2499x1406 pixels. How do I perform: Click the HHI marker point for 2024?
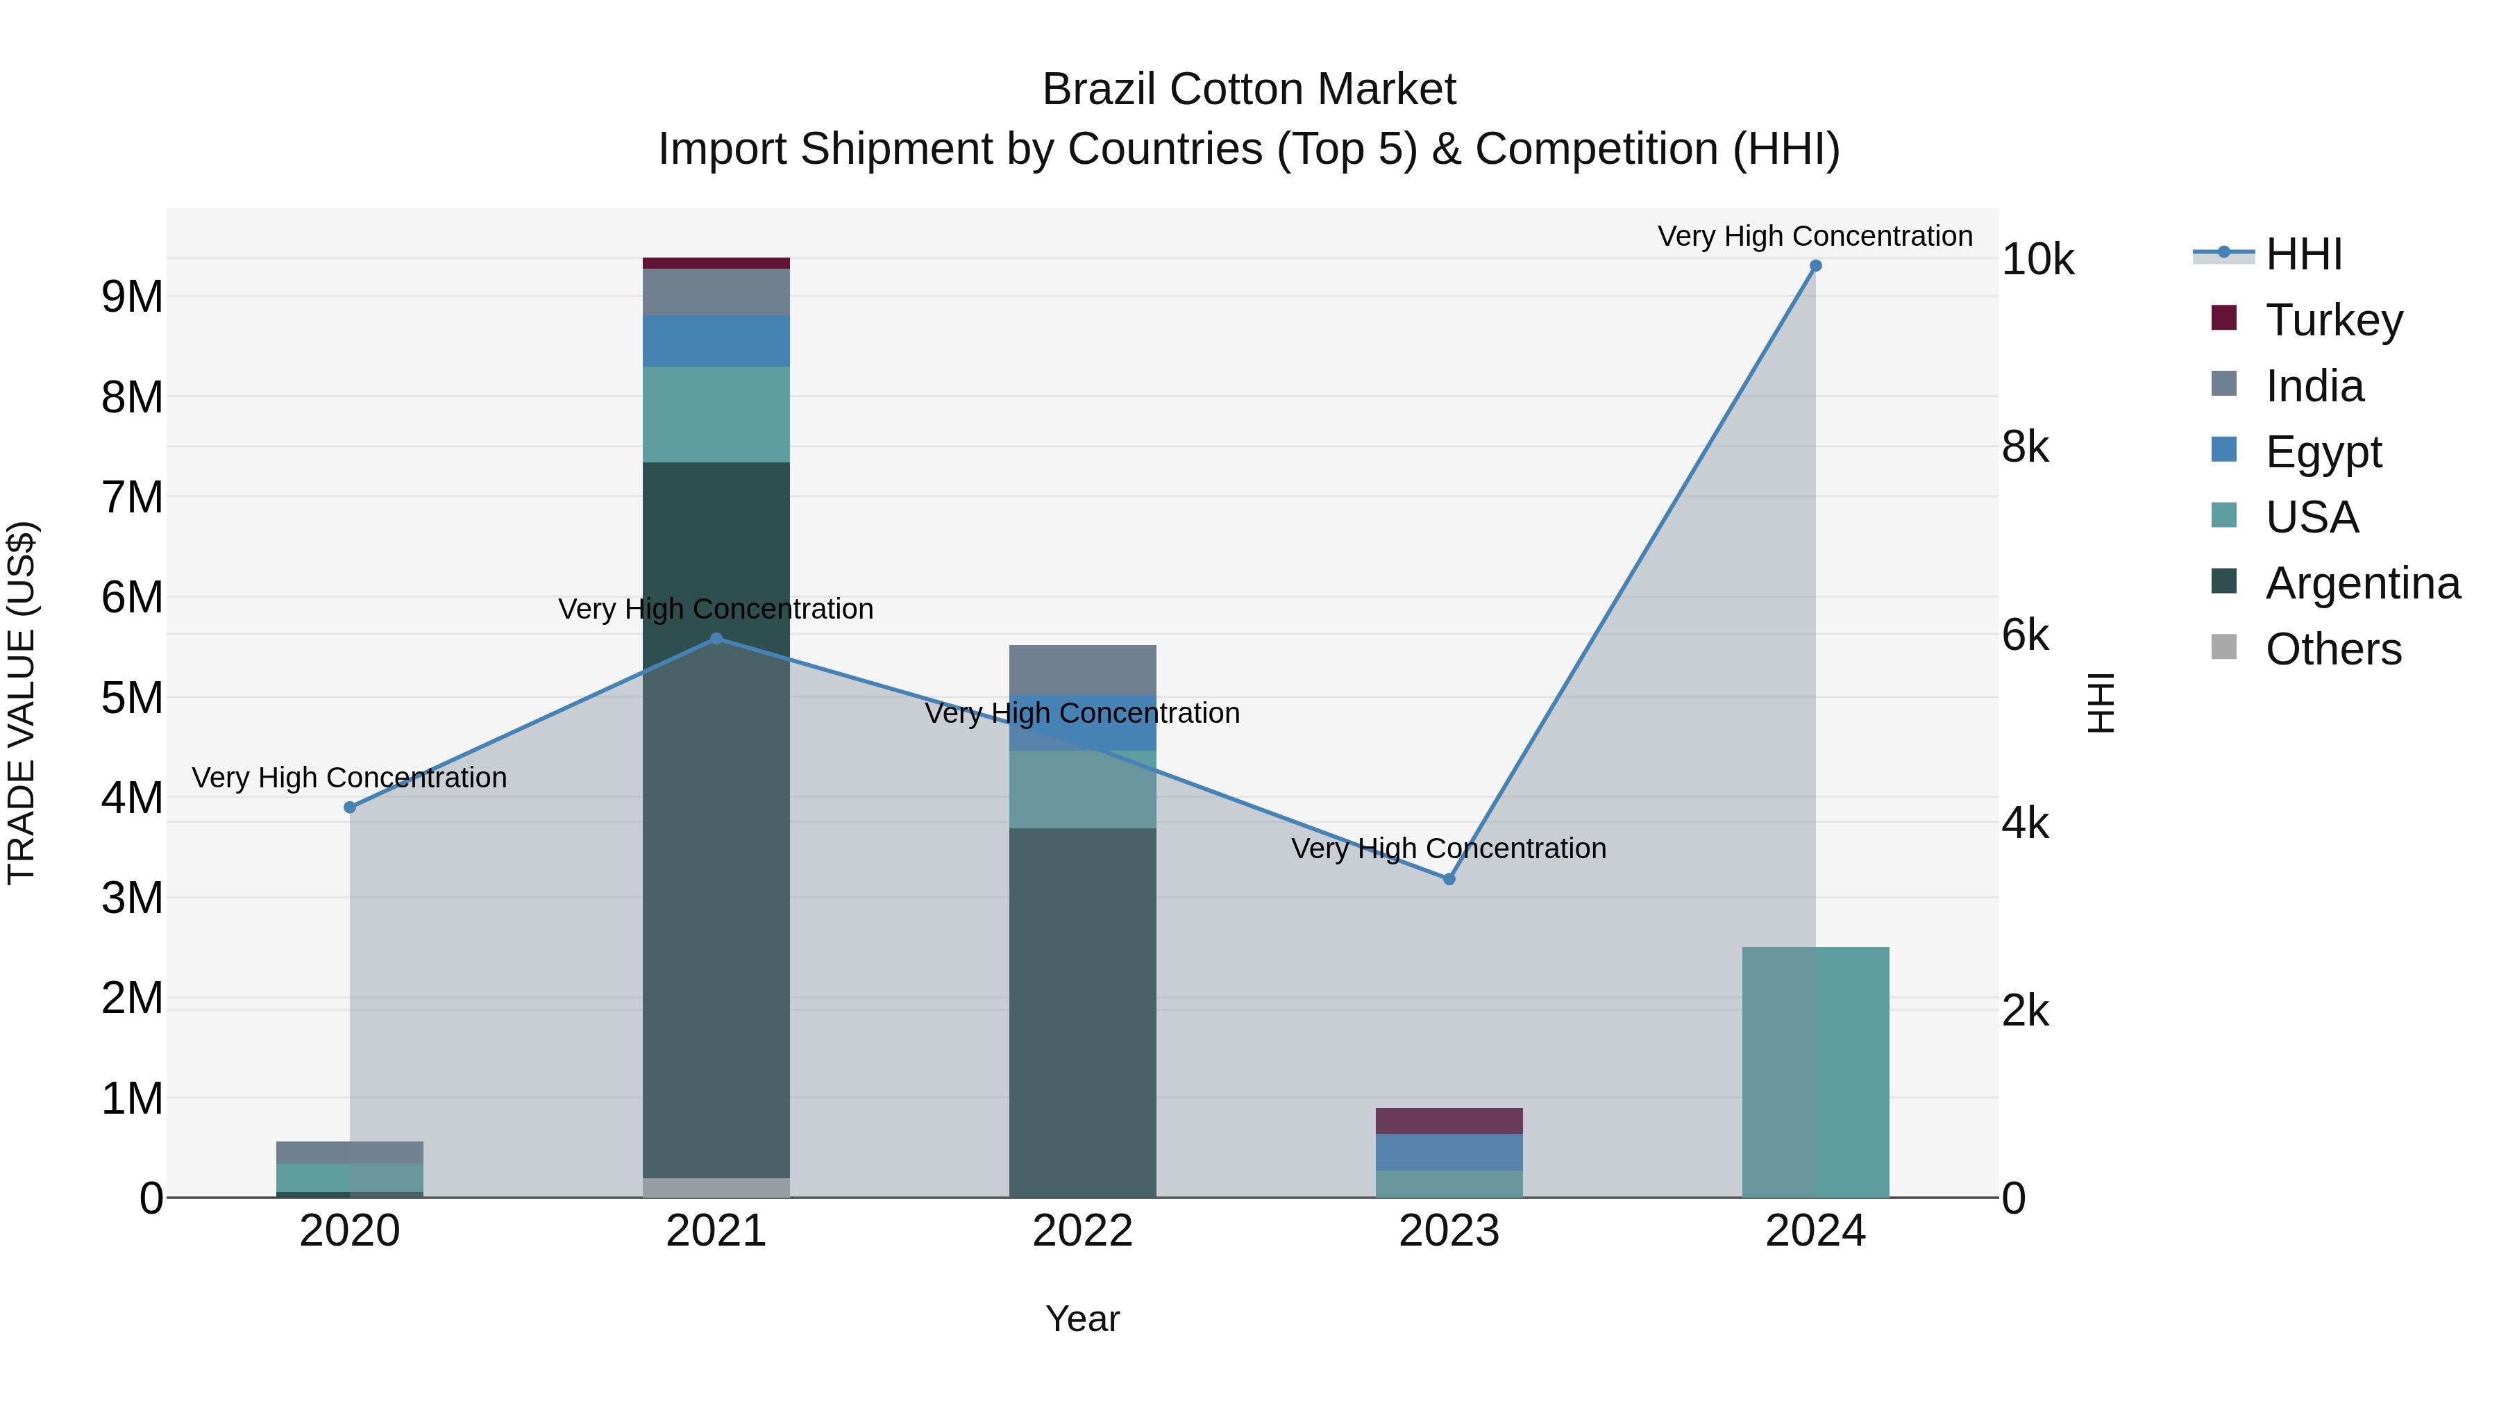[1815, 266]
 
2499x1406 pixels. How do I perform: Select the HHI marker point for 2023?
[1449, 879]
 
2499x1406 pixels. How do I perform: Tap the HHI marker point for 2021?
[716, 639]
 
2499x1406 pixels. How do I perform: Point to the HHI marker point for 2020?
[351, 807]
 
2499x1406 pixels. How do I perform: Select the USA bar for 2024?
[1815, 1072]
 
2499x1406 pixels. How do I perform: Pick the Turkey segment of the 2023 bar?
[1449, 1121]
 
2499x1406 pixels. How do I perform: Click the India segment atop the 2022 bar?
[1083, 669]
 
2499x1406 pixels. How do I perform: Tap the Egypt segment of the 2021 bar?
[716, 341]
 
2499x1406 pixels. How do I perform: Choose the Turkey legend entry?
[2333, 320]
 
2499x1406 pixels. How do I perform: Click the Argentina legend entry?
[2362, 583]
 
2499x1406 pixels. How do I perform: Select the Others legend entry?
[2333, 649]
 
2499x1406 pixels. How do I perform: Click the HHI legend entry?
[2303, 254]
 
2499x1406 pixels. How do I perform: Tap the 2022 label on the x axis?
[1083, 1231]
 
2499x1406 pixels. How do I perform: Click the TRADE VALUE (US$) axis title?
[22, 703]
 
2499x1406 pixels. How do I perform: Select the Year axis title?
[1083, 1319]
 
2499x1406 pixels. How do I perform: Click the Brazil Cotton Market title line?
[1249, 90]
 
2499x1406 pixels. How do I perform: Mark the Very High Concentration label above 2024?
[1815, 236]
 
